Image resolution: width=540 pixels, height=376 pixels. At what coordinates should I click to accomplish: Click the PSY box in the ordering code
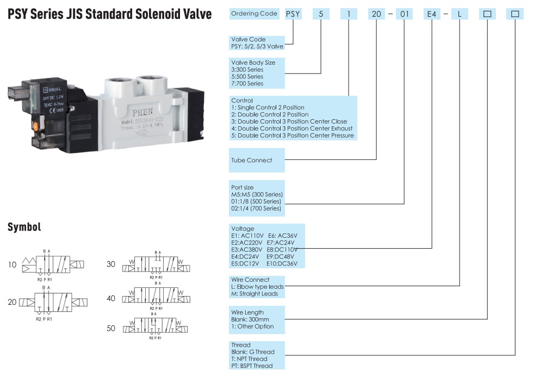tap(294, 14)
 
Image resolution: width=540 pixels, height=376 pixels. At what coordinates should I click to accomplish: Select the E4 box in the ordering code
tap(431, 14)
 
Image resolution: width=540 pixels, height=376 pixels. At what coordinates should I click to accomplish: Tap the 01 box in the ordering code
tap(404, 14)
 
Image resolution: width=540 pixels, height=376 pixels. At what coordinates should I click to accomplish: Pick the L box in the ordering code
tap(460, 14)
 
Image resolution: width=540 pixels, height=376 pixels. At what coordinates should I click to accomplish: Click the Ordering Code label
tap(254, 14)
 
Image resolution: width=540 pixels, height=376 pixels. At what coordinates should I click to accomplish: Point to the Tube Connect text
tap(252, 160)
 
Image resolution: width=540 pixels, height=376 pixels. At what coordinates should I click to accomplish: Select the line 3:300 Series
tap(247, 70)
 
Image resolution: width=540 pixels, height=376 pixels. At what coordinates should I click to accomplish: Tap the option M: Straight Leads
tap(255, 294)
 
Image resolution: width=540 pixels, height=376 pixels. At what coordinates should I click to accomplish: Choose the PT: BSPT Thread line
tap(252, 366)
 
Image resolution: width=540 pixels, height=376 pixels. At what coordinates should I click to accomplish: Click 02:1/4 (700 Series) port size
tap(256, 208)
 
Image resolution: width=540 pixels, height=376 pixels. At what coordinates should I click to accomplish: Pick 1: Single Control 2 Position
tap(268, 108)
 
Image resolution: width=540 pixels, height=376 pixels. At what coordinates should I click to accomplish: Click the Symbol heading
tap(24, 227)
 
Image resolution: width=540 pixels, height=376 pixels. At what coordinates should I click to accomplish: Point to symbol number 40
tap(111, 298)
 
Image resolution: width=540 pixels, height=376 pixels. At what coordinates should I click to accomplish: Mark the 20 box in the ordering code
tap(376, 14)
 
